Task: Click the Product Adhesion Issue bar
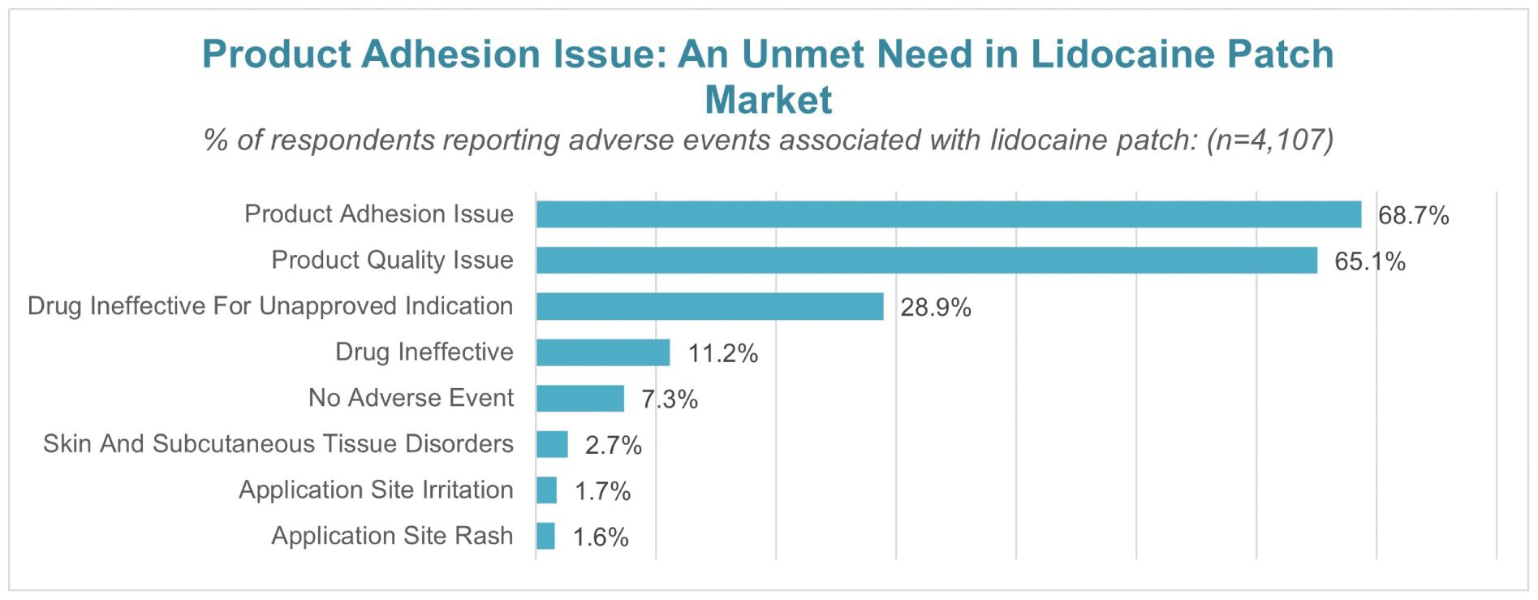click(x=948, y=214)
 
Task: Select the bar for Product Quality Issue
click(x=926, y=261)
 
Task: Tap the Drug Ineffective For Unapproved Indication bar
click(x=709, y=307)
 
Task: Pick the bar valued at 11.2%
click(x=603, y=352)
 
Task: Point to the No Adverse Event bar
click(x=579, y=399)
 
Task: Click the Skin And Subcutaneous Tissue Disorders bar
click(x=552, y=445)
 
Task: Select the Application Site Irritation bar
click(x=546, y=490)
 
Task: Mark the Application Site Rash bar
click(x=545, y=537)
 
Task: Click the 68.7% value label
click(x=1413, y=215)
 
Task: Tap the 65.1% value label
click(x=1369, y=261)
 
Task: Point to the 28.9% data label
click(x=935, y=308)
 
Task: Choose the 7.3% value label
click(x=670, y=399)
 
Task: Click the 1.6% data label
click(x=601, y=537)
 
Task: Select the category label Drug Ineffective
click(x=424, y=352)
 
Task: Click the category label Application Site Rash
click(x=392, y=536)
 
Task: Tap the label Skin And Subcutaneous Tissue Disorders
click(x=278, y=444)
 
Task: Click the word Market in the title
click(x=768, y=100)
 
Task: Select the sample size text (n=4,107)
click(x=1269, y=140)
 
